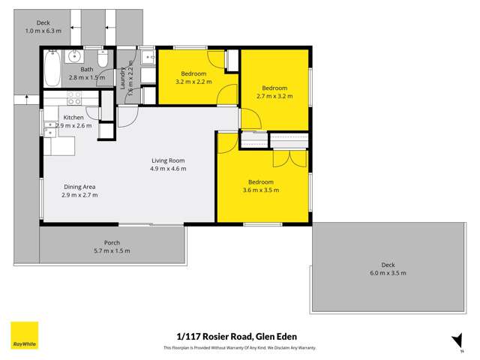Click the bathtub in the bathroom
[x=52, y=68]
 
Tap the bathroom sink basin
[x=75, y=57]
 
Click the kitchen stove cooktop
[x=74, y=97]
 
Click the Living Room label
[x=167, y=160]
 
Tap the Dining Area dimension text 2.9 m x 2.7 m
[x=79, y=195]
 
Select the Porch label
[x=112, y=243]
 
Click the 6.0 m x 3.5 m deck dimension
[x=387, y=273]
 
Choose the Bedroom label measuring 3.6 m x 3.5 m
[x=260, y=182]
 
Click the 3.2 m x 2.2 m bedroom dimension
[x=193, y=82]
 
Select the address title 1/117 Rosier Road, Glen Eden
[x=240, y=336]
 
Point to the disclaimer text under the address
[x=240, y=348]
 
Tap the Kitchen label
[x=73, y=118]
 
